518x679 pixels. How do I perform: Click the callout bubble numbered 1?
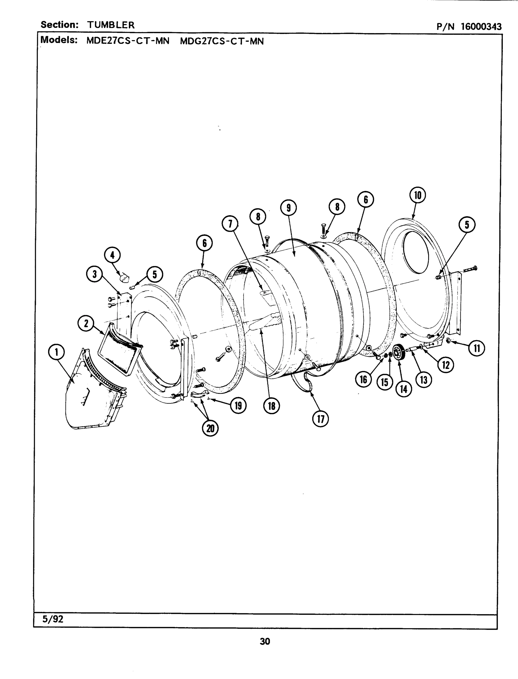[57, 352]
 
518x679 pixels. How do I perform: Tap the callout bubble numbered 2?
[86, 323]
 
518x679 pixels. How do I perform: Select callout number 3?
[95, 274]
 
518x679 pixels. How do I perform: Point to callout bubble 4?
[112, 255]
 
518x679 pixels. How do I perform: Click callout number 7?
[230, 224]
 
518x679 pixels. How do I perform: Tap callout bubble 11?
[476, 349]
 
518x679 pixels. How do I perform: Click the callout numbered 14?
[404, 389]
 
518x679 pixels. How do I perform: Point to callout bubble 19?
[238, 405]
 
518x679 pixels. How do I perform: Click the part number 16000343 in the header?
[481, 27]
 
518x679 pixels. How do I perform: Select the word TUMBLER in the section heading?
[111, 25]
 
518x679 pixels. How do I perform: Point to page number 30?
[265, 642]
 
